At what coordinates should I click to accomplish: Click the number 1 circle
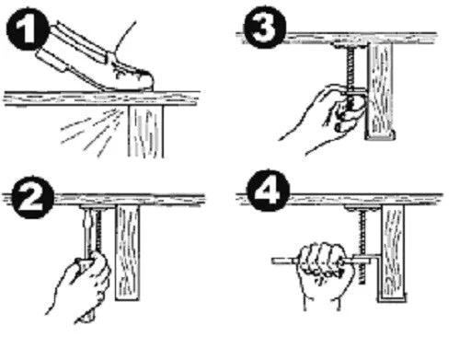[x=28, y=29]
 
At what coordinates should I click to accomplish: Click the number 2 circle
[x=33, y=197]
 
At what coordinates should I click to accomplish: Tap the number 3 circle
[x=265, y=27]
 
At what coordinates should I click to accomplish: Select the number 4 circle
[x=269, y=190]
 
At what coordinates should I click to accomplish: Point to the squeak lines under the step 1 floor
[x=92, y=132]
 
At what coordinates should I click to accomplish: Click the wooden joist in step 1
[x=146, y=132]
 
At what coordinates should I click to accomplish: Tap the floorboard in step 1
[x=101, y=99]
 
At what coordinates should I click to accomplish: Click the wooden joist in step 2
[x=128, y=252]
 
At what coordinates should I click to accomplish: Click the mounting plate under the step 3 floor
[x=351, y=46]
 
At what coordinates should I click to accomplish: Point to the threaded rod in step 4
[x=362, y=247]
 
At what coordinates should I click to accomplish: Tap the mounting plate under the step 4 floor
[x=362, y=209]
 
